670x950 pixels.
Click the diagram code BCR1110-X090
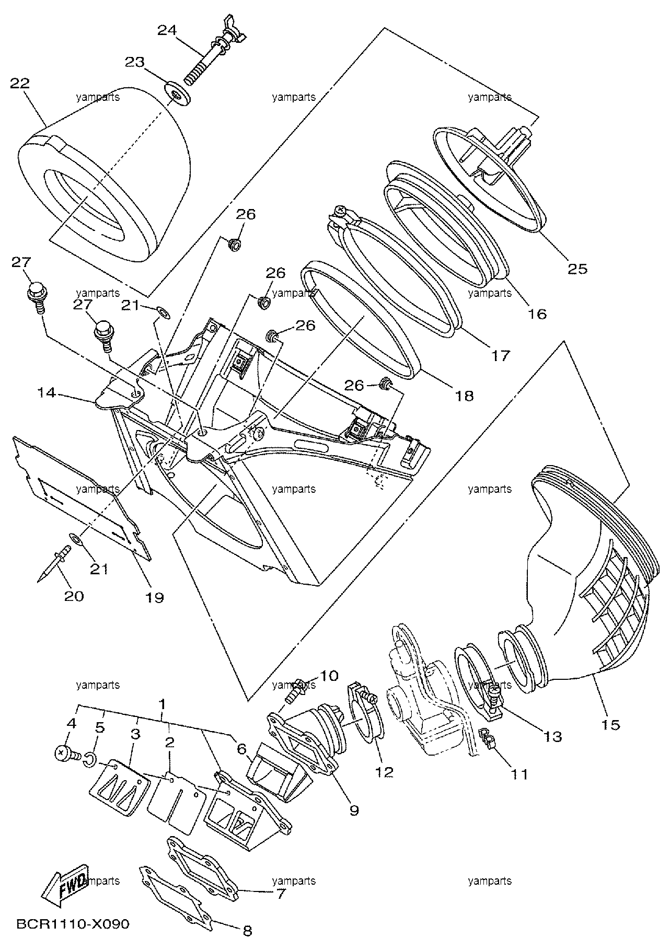tap(73, 924)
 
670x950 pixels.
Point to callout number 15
tap(610, 725)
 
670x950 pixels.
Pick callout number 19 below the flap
tap(155, 597)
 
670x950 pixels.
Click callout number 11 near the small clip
tap(519, 774)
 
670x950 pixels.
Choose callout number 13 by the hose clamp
tap(552, 737)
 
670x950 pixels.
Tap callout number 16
tap(537, 314)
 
